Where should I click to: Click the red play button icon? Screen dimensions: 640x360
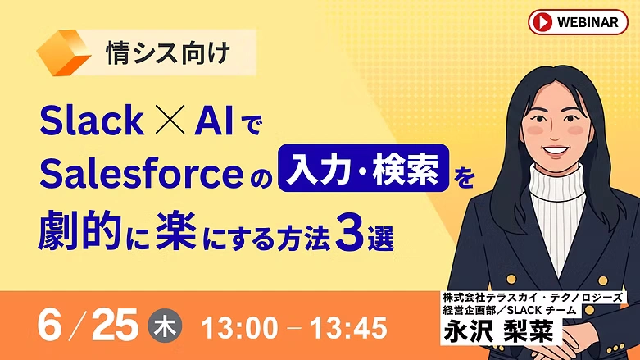coord(542,22)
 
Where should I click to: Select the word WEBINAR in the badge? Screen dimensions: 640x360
coord(588,22)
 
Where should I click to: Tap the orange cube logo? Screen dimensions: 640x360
coord(63,52)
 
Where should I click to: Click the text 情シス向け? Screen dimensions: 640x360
coord(168,52)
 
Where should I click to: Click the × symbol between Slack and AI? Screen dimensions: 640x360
coord(170,120)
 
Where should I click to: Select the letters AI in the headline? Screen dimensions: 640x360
coord(214,120)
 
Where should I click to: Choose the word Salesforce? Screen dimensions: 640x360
coord(141,174)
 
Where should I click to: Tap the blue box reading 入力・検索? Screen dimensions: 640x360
coord(363,168)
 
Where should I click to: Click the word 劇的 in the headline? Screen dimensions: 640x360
coord(80,232)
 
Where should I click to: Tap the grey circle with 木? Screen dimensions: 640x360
coord(165,327)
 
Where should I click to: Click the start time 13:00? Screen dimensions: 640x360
coord(239,328)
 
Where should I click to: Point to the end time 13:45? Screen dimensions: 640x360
coord(348,328)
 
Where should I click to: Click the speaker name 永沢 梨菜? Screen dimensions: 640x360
coord(499,330)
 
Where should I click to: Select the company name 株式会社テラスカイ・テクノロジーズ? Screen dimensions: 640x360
coord(533,297)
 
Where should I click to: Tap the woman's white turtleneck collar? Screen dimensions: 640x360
coord(556,181)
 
